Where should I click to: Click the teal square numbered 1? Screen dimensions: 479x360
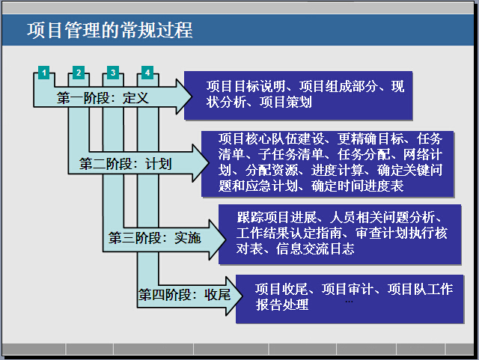coord(44,73)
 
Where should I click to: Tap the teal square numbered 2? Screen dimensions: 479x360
coord(79,73)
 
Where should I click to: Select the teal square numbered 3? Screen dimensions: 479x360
coord(113,73)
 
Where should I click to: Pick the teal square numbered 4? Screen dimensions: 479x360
coord(147,73)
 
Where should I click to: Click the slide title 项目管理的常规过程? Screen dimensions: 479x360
coord(110,30)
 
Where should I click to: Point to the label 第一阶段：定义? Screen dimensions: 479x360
coord(103,98)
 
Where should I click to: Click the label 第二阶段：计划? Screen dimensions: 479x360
coord(126,164)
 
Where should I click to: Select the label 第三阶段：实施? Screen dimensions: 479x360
coord(155,238)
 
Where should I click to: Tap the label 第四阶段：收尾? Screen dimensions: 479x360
coord(185,295)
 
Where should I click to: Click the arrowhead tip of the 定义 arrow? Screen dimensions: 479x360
coord(192,97)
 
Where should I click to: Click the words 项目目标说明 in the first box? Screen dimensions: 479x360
coord(246,87)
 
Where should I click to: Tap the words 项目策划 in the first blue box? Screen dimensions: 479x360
coord(286,102)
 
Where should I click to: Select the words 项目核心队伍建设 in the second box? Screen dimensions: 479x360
coord(271,138)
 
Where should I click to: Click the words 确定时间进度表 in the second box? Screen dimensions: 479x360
coord(358,186)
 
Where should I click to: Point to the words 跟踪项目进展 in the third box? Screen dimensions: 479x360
coord(277,217)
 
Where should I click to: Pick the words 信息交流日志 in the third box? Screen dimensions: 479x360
coord(315,248)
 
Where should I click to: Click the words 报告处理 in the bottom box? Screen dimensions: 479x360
coord(282,305)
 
